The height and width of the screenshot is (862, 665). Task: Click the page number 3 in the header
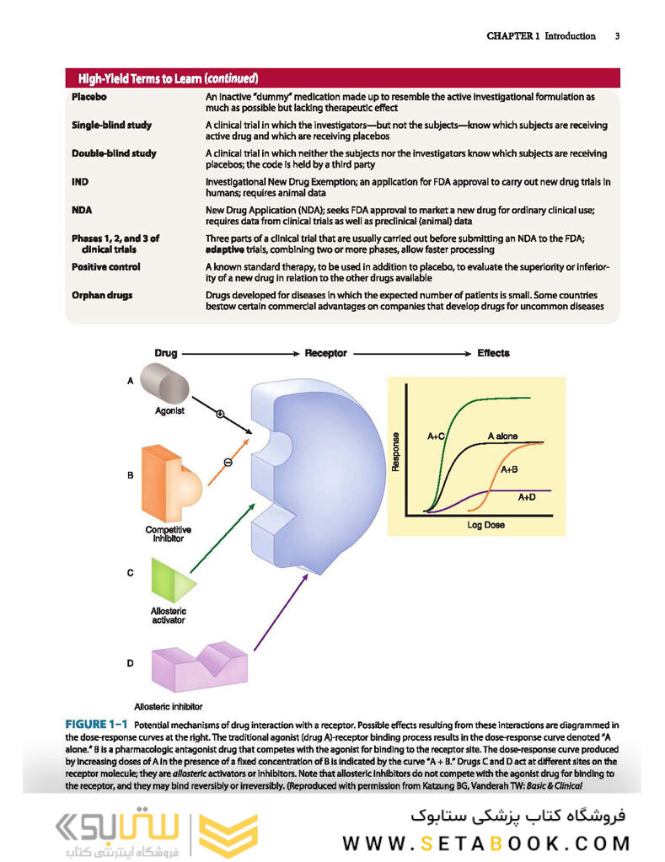[617, 36]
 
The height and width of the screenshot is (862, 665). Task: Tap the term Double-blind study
[114, 153]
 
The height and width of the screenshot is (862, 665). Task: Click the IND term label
[82, 181]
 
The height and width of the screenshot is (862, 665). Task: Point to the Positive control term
[106, 267]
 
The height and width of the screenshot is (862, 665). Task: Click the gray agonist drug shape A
[164, 383]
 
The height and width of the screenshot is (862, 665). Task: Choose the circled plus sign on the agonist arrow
[220, 414]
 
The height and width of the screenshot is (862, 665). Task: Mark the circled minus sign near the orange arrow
[228, 461]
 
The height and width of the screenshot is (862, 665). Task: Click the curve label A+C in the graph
[436, 436]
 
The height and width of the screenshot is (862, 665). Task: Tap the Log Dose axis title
[486, 525]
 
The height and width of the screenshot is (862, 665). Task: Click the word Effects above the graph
[493, 352]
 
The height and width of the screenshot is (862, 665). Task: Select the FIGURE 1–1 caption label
[97, 725]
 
